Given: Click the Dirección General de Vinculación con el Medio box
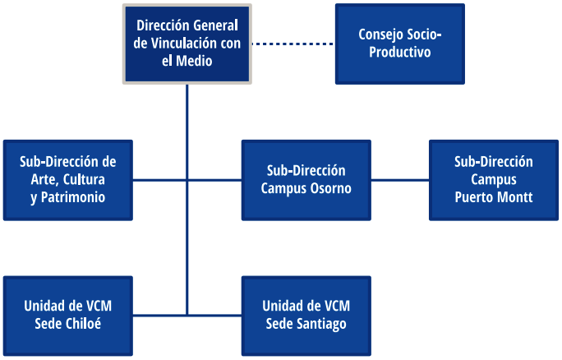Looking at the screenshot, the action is click(x=187, y=44).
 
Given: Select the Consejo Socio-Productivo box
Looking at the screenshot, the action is click(x=400, y=44).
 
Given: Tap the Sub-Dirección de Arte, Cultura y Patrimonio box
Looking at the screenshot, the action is click(x=68, y=180).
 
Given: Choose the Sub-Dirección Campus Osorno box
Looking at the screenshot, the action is click(x=306, y=180).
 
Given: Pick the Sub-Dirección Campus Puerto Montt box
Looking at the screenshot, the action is click(x=494, y=180).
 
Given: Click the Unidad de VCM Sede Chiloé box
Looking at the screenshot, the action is click(x=68, y=316).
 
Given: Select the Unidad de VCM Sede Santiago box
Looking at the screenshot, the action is click(x=306, y=316).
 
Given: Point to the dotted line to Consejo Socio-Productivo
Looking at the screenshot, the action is click(x=293, y=44).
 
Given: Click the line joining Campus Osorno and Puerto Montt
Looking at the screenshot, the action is click(x=400, y=180).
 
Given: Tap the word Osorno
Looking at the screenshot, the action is click(x=331, y=188).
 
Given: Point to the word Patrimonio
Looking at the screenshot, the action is click(x=73, y=197).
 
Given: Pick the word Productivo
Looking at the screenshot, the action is click(x=400, y=52).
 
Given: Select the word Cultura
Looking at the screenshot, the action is click(x=84, y=180).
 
